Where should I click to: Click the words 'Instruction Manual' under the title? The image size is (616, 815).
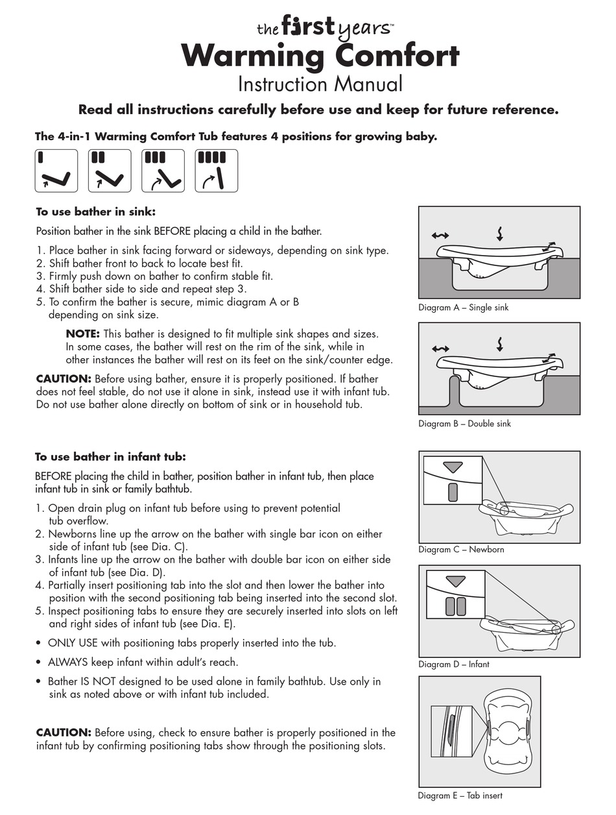click(x=320, y=84)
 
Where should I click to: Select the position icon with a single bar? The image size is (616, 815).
click(x=56, y=171)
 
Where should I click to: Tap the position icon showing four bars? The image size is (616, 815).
click(x=217, y=171)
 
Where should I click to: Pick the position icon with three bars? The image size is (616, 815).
click(x=163, y=171)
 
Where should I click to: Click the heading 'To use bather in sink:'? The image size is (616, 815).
click(x=96, y=212)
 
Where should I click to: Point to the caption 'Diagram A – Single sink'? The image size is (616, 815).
click(x=463, y=308)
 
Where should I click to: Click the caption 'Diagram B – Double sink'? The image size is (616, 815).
click(x=464, y=424)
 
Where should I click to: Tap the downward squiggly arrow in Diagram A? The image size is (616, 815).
click(x=500, y=234)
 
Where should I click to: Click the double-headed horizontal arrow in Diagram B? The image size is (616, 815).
click(x=440, y=349)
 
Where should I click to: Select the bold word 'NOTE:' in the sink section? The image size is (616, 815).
click(x=83, y=334)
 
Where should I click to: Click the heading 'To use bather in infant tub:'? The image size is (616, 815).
click(x=110, y=457)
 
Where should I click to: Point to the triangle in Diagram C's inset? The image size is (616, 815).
click(x=453, y=467)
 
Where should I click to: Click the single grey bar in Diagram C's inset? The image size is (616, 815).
click(x=453, y=493)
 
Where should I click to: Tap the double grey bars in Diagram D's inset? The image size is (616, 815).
click(x=455, y=606)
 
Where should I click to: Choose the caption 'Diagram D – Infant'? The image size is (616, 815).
click(x=453, y=664)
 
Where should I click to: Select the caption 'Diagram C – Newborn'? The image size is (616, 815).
click(x=461, y=549)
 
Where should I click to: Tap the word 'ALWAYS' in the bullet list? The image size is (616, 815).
click(x=68, y=662)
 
